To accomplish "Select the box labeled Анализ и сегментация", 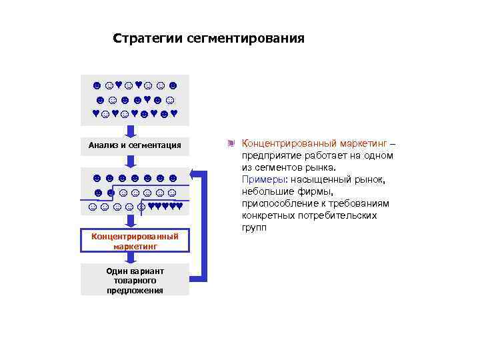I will point(135,145).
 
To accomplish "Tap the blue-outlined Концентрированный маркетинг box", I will point(135,241).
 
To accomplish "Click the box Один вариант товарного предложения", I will point(135,280).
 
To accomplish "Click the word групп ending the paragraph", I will point(254,227).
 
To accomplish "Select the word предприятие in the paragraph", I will point(271,155).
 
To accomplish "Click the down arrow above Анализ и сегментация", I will point(133,131).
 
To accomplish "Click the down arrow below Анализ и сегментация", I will point(133,160).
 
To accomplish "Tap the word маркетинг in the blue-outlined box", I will point(135,246).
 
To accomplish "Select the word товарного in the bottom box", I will point(135,281).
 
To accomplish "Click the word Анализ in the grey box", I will point(106,145).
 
